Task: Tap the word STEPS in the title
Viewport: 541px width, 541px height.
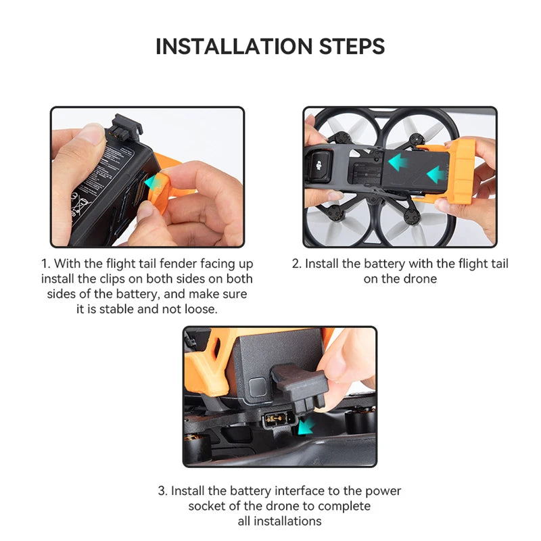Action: click(x=351, y=46)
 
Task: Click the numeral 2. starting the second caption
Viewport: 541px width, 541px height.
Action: click(x=296, y=264)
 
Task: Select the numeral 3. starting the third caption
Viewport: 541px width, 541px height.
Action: click(x=163, y=491)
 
